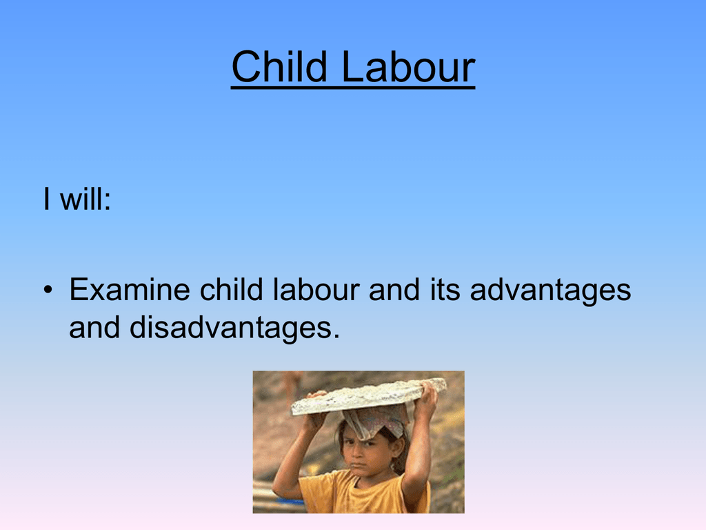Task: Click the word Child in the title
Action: point(279,67)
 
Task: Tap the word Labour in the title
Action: point(408,67)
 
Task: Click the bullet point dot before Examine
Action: point(48,290)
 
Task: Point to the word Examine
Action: point(130,289)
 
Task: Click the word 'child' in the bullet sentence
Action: point(232,289)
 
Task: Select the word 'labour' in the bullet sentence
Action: point(316,289)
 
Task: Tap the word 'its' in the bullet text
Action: point(445,289)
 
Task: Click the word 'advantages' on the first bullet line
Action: point(550,291)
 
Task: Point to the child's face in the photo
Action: point(365,451)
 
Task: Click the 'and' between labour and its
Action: point(394,289)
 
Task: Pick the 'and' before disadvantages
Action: point(94,327)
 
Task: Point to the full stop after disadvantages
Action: point(336,336)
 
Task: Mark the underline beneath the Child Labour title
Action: point(353,87)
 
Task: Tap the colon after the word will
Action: point(107,202)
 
